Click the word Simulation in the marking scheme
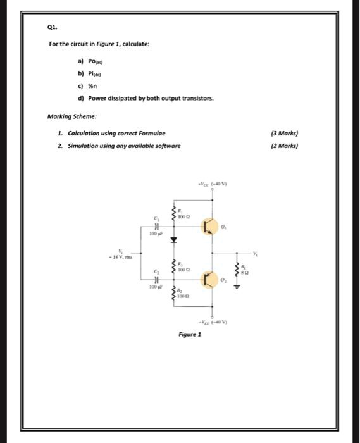[x=80, y=146]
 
